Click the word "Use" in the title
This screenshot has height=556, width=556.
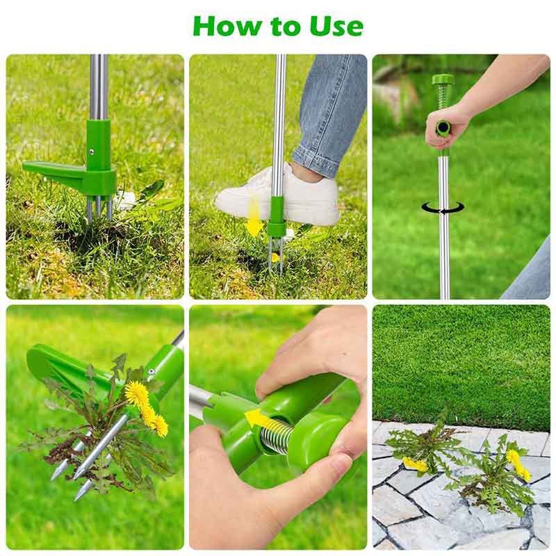coord(337,26)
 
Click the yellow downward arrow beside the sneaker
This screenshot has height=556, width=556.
coord(254,216)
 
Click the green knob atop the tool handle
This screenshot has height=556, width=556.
coord(442,81)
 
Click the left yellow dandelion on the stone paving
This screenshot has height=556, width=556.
coord(415,464)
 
